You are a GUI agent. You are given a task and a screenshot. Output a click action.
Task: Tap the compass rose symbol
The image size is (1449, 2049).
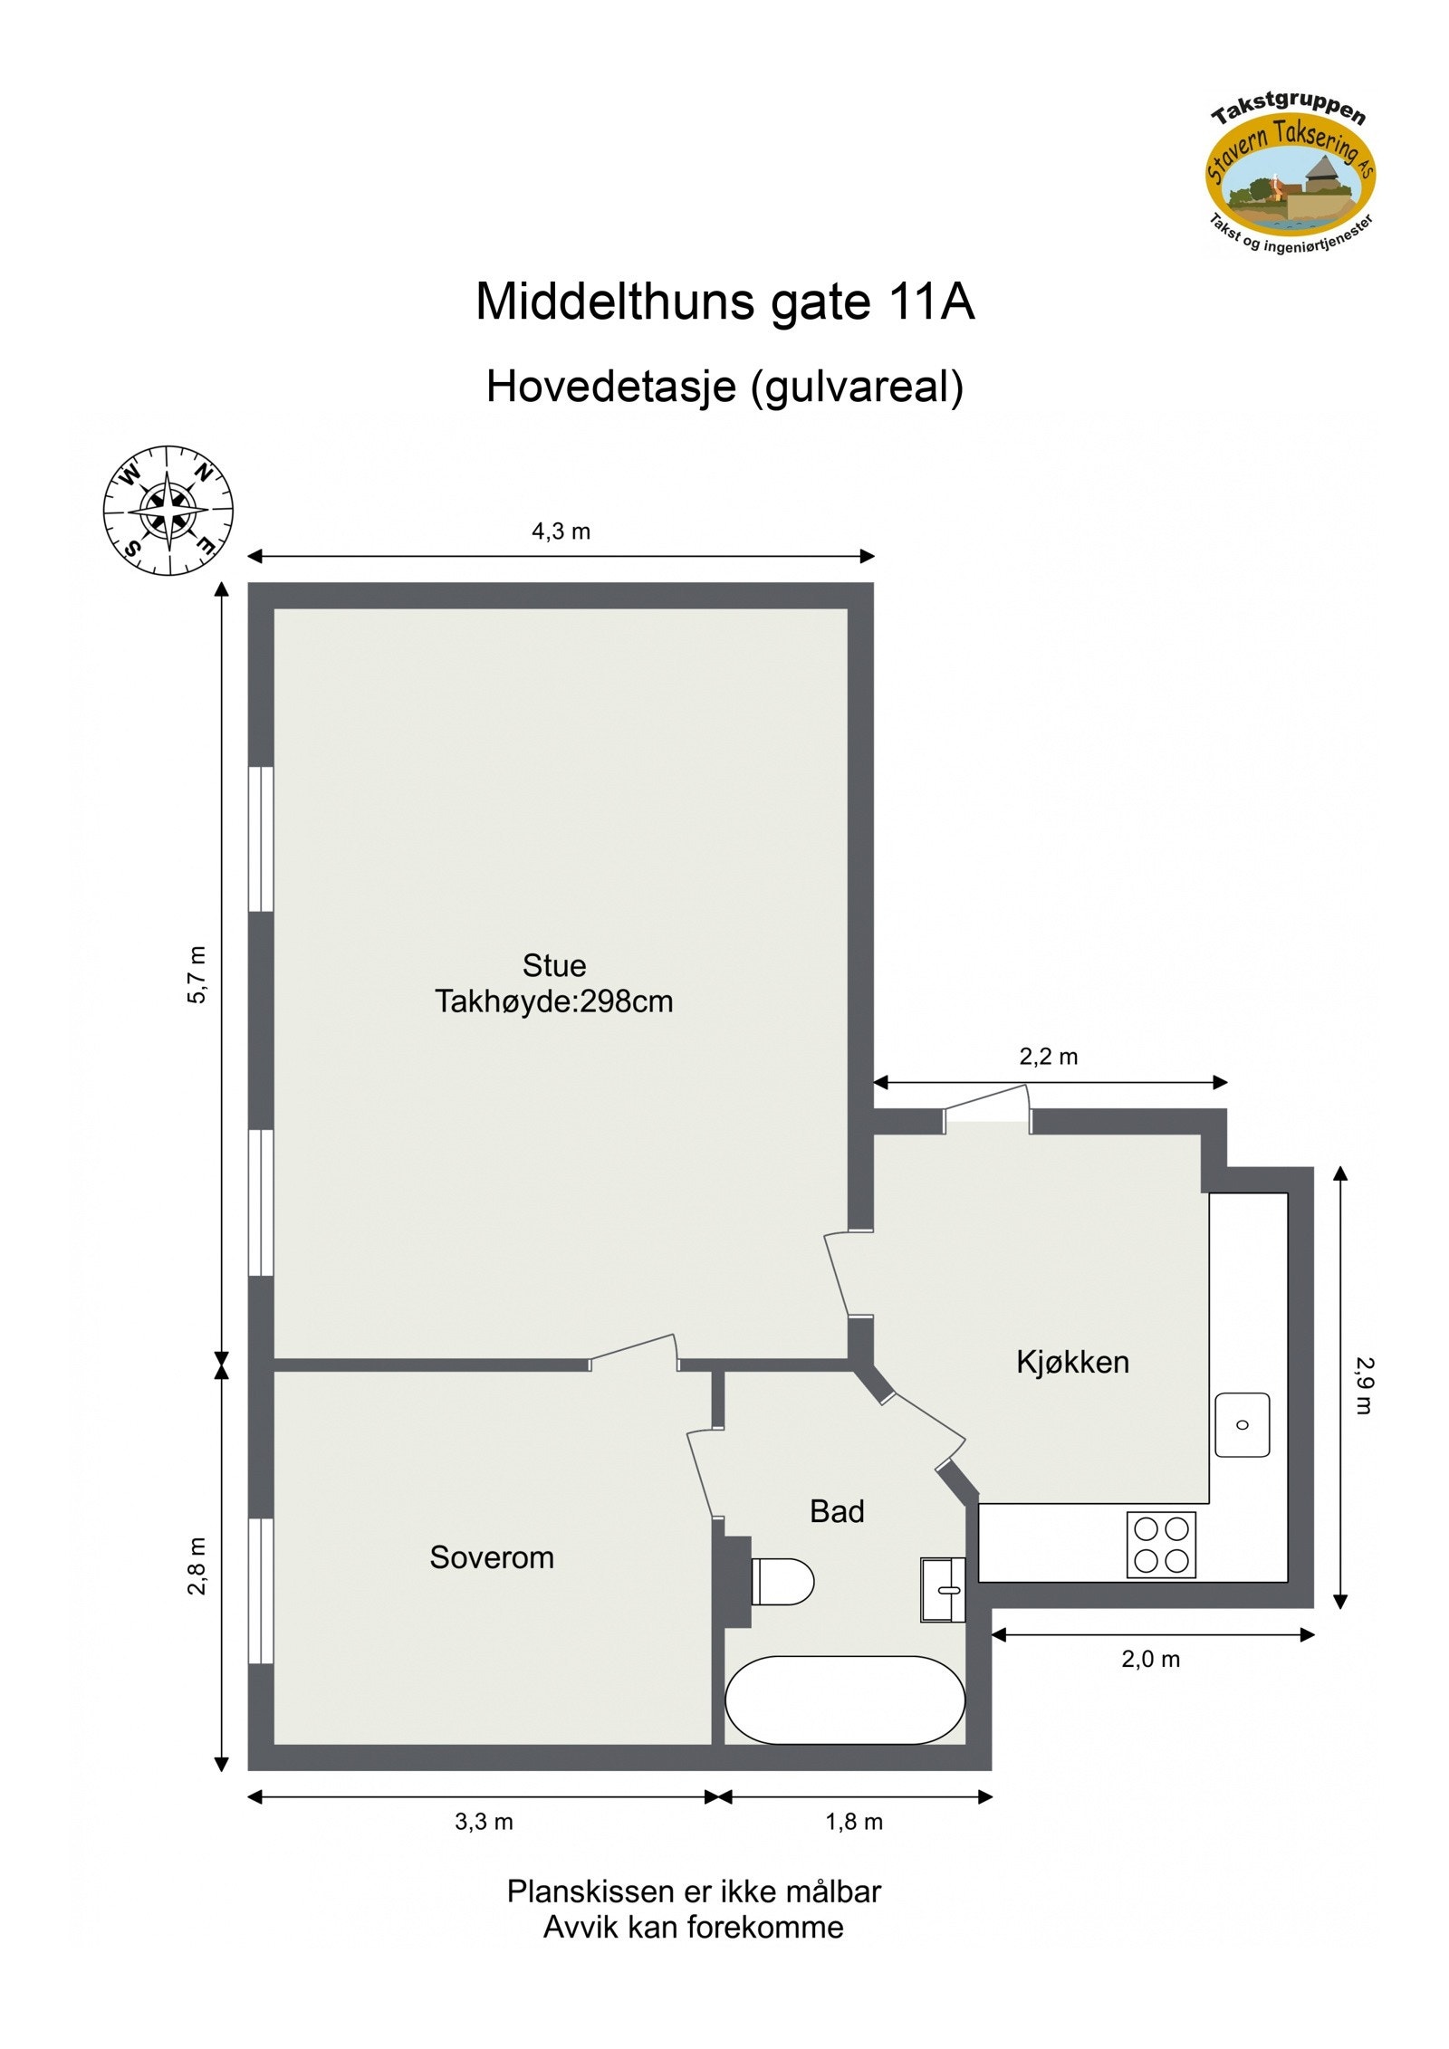[x=168, y=510]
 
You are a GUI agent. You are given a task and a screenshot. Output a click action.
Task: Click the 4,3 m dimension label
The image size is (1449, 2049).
[x=561, y=531]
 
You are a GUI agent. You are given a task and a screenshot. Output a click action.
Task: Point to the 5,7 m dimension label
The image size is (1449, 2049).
[x=197, y=974]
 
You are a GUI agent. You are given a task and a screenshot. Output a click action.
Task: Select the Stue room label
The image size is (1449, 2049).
[x=553, y=965]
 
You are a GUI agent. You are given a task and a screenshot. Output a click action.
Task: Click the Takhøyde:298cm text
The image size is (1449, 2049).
[x=553, y=1001]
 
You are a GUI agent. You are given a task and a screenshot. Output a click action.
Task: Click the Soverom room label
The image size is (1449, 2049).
[x=491, y=1557]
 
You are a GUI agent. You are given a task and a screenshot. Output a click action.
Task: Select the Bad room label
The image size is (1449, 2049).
[x=836, y=1511]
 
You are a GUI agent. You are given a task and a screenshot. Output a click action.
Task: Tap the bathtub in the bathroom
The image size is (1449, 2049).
[x=845, y=1700]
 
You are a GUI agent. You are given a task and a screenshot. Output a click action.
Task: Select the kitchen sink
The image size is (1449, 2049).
[x=1242, y=1425]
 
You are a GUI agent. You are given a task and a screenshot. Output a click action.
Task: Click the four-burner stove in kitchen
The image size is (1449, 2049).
[x=1161, y=1545]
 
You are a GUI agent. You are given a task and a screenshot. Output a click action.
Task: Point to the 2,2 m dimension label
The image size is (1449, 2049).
[x=1048, y=1057]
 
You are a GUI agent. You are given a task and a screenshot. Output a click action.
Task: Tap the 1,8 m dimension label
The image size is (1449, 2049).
[x=853, y=1822]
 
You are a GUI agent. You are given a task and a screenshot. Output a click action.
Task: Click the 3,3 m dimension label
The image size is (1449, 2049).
[x=484, y=1822]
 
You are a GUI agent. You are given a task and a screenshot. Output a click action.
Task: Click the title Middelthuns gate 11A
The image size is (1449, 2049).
[x=724, y=302]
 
